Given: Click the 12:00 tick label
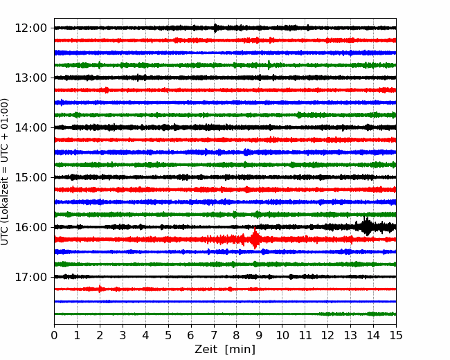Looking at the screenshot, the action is coord(30,28).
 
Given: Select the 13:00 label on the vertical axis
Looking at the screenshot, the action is coord(30,78).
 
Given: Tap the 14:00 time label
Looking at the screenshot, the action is coord(30,127).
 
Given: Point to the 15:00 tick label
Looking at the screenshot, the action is coord(30,177).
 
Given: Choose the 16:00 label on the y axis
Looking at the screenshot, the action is coord(30,227).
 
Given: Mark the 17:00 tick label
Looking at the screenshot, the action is coord(30,277).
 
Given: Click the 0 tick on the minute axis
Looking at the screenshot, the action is coord(54,335).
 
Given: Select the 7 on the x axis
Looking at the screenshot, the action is coord(214,335).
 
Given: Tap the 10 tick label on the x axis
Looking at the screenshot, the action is coord(282,335).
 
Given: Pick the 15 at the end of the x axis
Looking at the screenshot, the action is coord(396,335).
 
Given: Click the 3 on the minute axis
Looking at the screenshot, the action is coord(123,335).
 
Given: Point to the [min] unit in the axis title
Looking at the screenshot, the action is coord(240,350).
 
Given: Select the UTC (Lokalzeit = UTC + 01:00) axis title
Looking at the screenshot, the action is coord(5,172).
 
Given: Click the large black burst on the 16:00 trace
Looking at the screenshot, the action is coord(366,226).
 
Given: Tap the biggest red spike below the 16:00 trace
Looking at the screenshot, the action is coord(255,238).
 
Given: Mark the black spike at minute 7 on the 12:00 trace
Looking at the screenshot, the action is coord(215,28).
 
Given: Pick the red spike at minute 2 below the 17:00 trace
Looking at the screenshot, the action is coord(100,289).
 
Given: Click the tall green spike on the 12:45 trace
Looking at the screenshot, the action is coord(269,65).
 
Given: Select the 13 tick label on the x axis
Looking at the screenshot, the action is coord(350,335).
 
